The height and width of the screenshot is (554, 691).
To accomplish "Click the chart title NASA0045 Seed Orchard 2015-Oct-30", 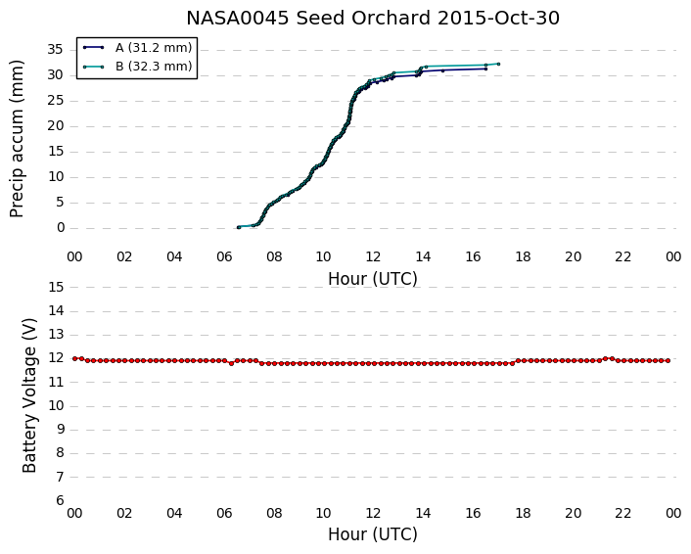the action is pyautogui.click(x=373, y=18).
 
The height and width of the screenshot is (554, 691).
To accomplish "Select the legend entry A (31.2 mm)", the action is pyautogui.click(x=138, y=48).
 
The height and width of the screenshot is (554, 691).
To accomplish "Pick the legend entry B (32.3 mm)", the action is pyautogui.click(x=138, y=67).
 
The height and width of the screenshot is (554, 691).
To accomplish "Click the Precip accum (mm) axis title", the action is pyautogui.click(x=17, y=138).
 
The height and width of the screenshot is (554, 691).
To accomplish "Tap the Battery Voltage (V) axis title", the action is pyautogui.click(x=29, y=395).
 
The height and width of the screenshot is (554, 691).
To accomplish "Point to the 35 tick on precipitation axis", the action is pyautogui.click(x=56, y=49).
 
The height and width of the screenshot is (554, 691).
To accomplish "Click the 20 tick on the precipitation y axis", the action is pyautogui.click(x=56, y=126).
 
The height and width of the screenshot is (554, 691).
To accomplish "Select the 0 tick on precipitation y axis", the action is pyautogui.click(x=61, y=228).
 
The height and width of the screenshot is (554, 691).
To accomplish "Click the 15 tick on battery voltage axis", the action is pyautogui.click(x=56, y=287).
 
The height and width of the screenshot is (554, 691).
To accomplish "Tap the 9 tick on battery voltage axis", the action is pyautogui.click(x=61, y=430).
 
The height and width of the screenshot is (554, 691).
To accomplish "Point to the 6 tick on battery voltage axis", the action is pyautogui.click(x=61, y=501).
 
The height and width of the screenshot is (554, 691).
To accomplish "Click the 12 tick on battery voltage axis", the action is pyautogui.click(x=56, y=358).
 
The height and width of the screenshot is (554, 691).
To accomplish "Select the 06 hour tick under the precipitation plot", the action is pyautogui.click(x=224, y=256).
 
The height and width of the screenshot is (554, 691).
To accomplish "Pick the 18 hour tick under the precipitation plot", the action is pyautogui.click(x=523, y=256).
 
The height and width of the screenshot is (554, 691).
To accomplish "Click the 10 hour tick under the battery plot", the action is pyautogui.click(x=323, y=513).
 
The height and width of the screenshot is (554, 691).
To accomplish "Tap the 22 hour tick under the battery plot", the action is pyautogui.click(x=622, y=513).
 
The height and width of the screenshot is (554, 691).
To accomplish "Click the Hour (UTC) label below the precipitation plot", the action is pyautogui.click(x=373, y=279).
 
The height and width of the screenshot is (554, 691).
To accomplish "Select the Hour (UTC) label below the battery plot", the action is pyautogui.click(x=373, y=534).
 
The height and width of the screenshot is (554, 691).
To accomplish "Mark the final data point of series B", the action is pyautogui.click(x=498, y=64).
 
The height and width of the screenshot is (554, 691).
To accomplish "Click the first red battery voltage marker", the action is pyautogui.click(x=75, y=359).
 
